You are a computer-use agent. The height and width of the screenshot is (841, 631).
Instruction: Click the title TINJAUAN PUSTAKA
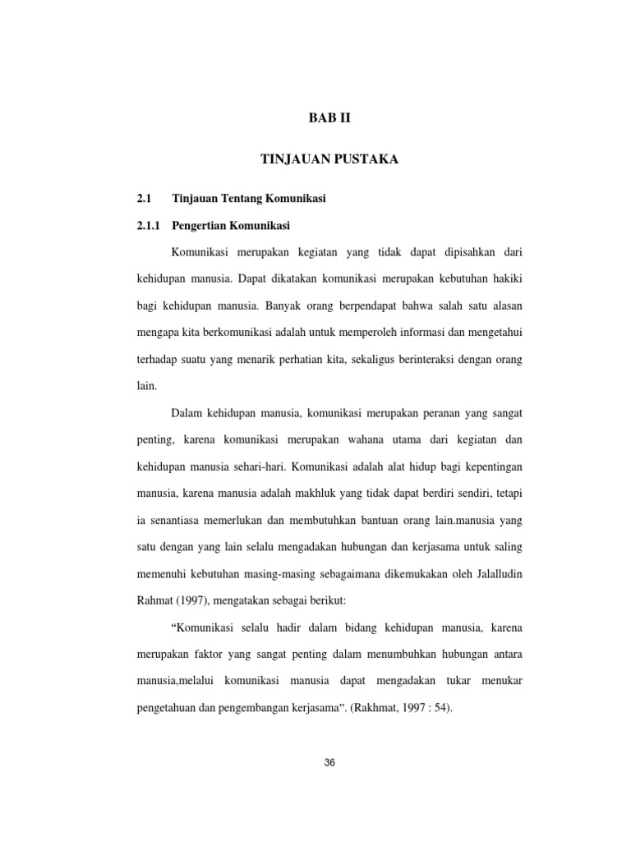[x=329, y=160]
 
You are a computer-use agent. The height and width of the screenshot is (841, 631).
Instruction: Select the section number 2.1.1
[x=149, y=225]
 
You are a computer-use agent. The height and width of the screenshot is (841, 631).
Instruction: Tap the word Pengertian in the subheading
[x=202, y=225]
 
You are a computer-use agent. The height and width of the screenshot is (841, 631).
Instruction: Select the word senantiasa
[x=178, y=520]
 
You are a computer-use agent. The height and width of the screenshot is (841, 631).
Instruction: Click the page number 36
[x=329, y=762]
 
